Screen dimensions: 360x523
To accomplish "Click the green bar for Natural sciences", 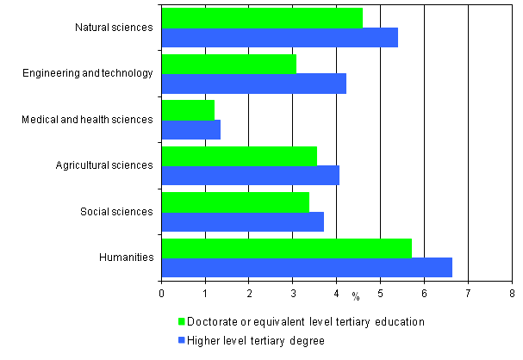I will pos(262,17).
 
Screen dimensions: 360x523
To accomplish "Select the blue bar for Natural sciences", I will pos(279,37).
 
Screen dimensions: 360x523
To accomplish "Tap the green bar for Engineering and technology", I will pos(228,64).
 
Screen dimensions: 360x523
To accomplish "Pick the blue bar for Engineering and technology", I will pos(253,84).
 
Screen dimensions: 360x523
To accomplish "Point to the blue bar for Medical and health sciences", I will pos(190,129).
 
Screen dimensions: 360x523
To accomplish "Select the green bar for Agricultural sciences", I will pos(239,156).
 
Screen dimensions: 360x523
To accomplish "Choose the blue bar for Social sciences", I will pos(242,221).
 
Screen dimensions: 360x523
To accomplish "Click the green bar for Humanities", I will pos(286,248).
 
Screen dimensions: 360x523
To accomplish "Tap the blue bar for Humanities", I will pos(306,268).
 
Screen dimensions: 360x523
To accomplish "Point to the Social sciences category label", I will pos(118,211).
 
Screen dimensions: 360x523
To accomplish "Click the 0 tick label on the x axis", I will pos(161,294).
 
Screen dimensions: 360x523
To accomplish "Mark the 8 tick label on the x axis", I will pos(512,294).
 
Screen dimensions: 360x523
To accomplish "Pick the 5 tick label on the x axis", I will pos(380,294).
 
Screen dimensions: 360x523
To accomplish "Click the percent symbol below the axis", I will pos(355,297).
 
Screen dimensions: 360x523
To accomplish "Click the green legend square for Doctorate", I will pos(182,321).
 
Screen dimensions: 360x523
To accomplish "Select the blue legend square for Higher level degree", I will pos(182,339).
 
